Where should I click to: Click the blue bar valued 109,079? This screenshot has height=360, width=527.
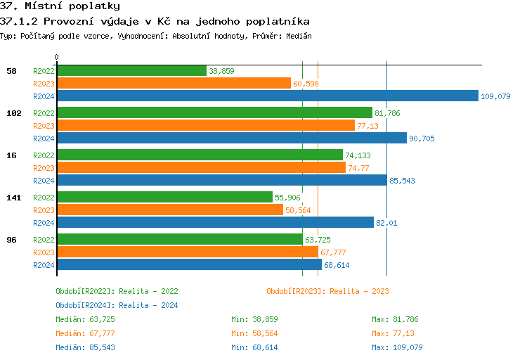point(267,96)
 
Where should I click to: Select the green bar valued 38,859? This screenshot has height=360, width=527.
point(131,71)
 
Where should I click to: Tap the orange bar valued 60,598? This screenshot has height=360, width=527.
point(174,84)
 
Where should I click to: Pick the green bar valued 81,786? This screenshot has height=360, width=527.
point(214,113)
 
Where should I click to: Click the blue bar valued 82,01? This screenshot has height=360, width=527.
point(215,223)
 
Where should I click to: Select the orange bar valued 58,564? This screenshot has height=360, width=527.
point(169,210)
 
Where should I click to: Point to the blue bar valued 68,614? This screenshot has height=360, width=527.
point(189,265)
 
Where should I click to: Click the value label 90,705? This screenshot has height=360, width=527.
point(422,139)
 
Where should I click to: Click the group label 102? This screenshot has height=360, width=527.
point(13,113)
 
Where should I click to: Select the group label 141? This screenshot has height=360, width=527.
point(13,198)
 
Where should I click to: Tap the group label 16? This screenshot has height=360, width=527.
point(11,155)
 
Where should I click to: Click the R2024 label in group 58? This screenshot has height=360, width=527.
point(44,96)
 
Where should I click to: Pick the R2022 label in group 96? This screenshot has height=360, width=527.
point(44,240)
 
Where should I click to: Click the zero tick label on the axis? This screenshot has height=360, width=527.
point(57,57)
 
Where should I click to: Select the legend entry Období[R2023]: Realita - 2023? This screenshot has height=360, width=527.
point(327,291)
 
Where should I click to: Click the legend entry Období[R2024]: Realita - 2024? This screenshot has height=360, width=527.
point(117,305)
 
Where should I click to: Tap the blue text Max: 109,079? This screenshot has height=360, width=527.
point(397,347)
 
